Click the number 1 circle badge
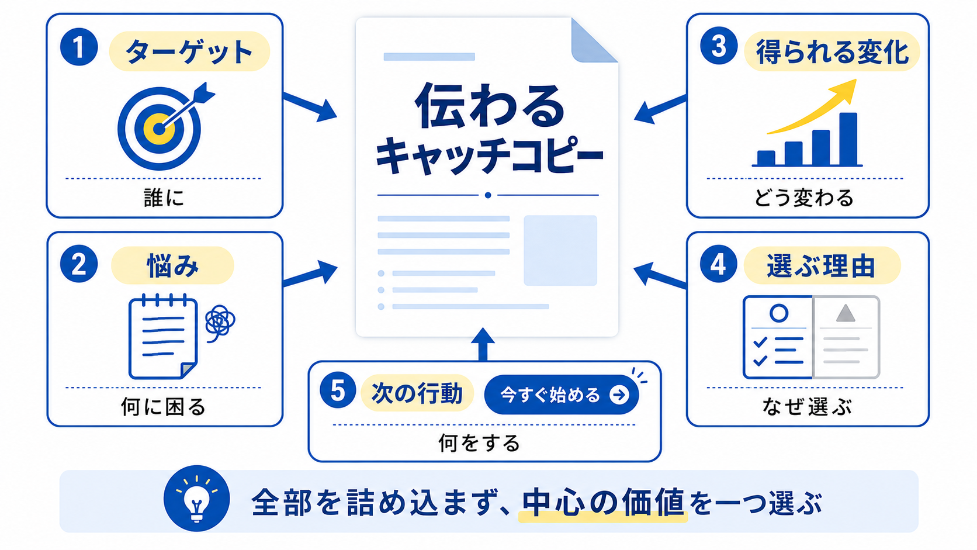click(79, 47)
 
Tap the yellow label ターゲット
click(189, 51)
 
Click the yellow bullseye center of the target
click(158, 129)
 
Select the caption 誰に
click(164, 198)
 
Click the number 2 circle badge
click(79, 264)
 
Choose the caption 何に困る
click(163, 407)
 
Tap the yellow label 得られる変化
click(832, 51)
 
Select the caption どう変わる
click(804, 198)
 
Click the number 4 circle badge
click(719, 264)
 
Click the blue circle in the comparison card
click(779, 313)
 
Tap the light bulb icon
click(197, 499)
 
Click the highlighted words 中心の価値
click(603, 503)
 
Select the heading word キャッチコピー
click(489, 155)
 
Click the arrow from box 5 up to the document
click(483, 345)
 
